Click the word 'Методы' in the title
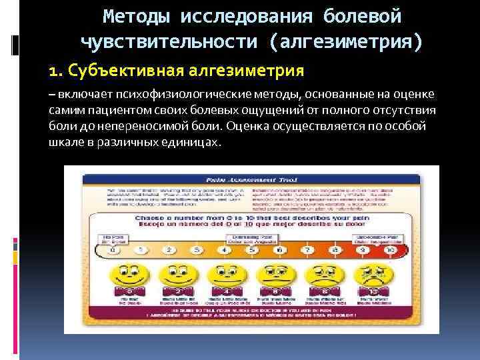(x=137, y=15)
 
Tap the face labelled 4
(x=225, y=275)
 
